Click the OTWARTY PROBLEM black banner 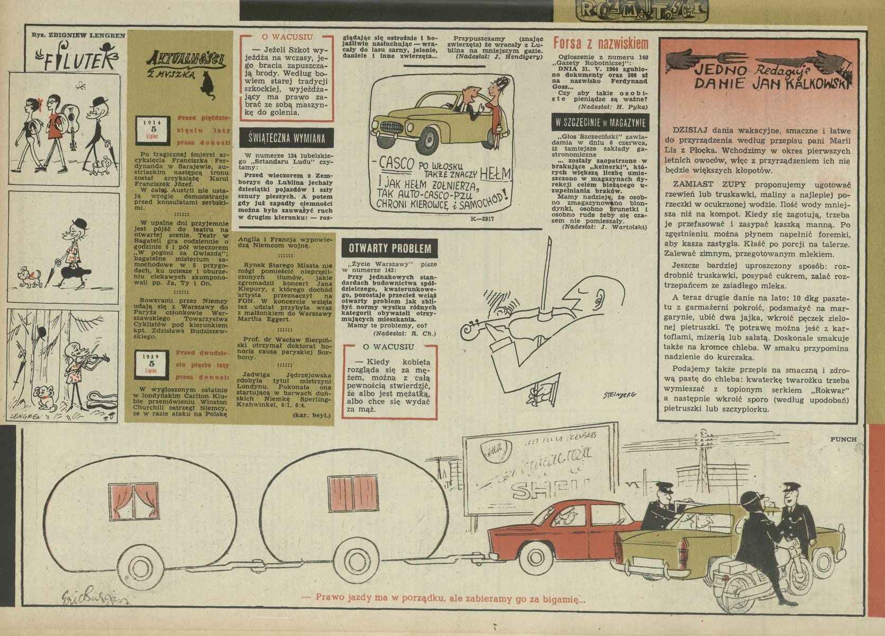coord(390,248)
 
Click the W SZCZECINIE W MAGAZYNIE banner coord(600,122)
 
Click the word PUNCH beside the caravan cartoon coord(843,439)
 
